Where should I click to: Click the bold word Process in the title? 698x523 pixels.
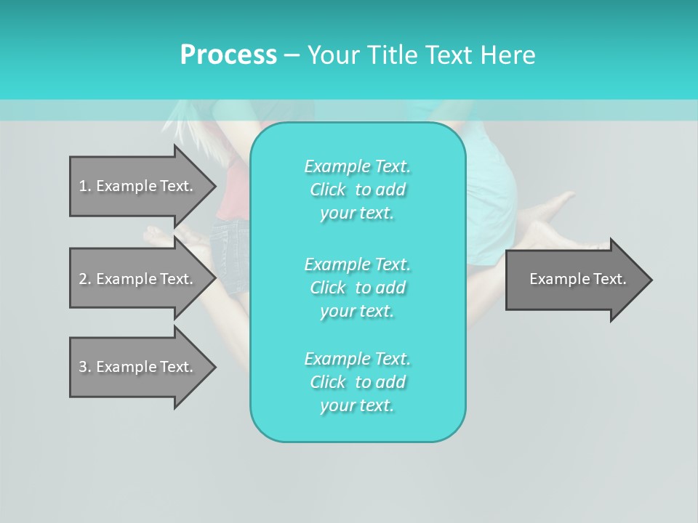click(x=228, y=55)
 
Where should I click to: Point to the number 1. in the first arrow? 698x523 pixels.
click(x=84, y=186)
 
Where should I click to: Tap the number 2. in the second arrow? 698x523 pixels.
click(x=84, y=279)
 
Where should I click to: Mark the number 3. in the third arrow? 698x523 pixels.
click(x=84, y=367)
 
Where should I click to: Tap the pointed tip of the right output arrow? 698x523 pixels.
click(x=649, y=280)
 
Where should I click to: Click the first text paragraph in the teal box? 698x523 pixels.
click(x=357, y=190)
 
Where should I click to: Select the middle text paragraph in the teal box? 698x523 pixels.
click(x=357, y=288)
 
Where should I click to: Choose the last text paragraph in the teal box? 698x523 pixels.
click(x=357, y=382)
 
